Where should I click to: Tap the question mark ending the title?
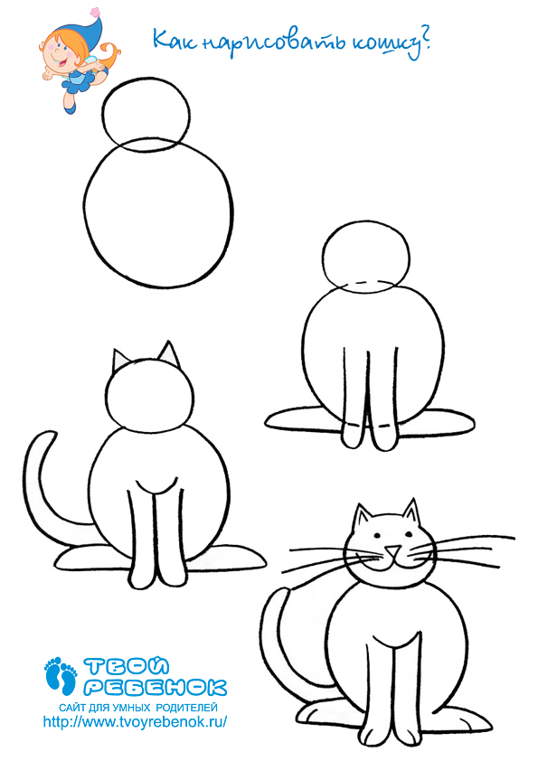[425, 41]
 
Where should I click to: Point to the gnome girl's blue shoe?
[71, 108]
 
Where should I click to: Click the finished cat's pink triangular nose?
[394, 550]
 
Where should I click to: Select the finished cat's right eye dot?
[408, 535]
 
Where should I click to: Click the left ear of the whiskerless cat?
[119, 361]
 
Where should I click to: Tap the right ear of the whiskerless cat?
[168, 353]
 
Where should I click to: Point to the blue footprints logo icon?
[61, 675]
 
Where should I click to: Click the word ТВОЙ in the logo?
[127, 667]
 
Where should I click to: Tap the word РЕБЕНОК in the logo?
[156, 686]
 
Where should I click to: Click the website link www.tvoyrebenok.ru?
[135, 722]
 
